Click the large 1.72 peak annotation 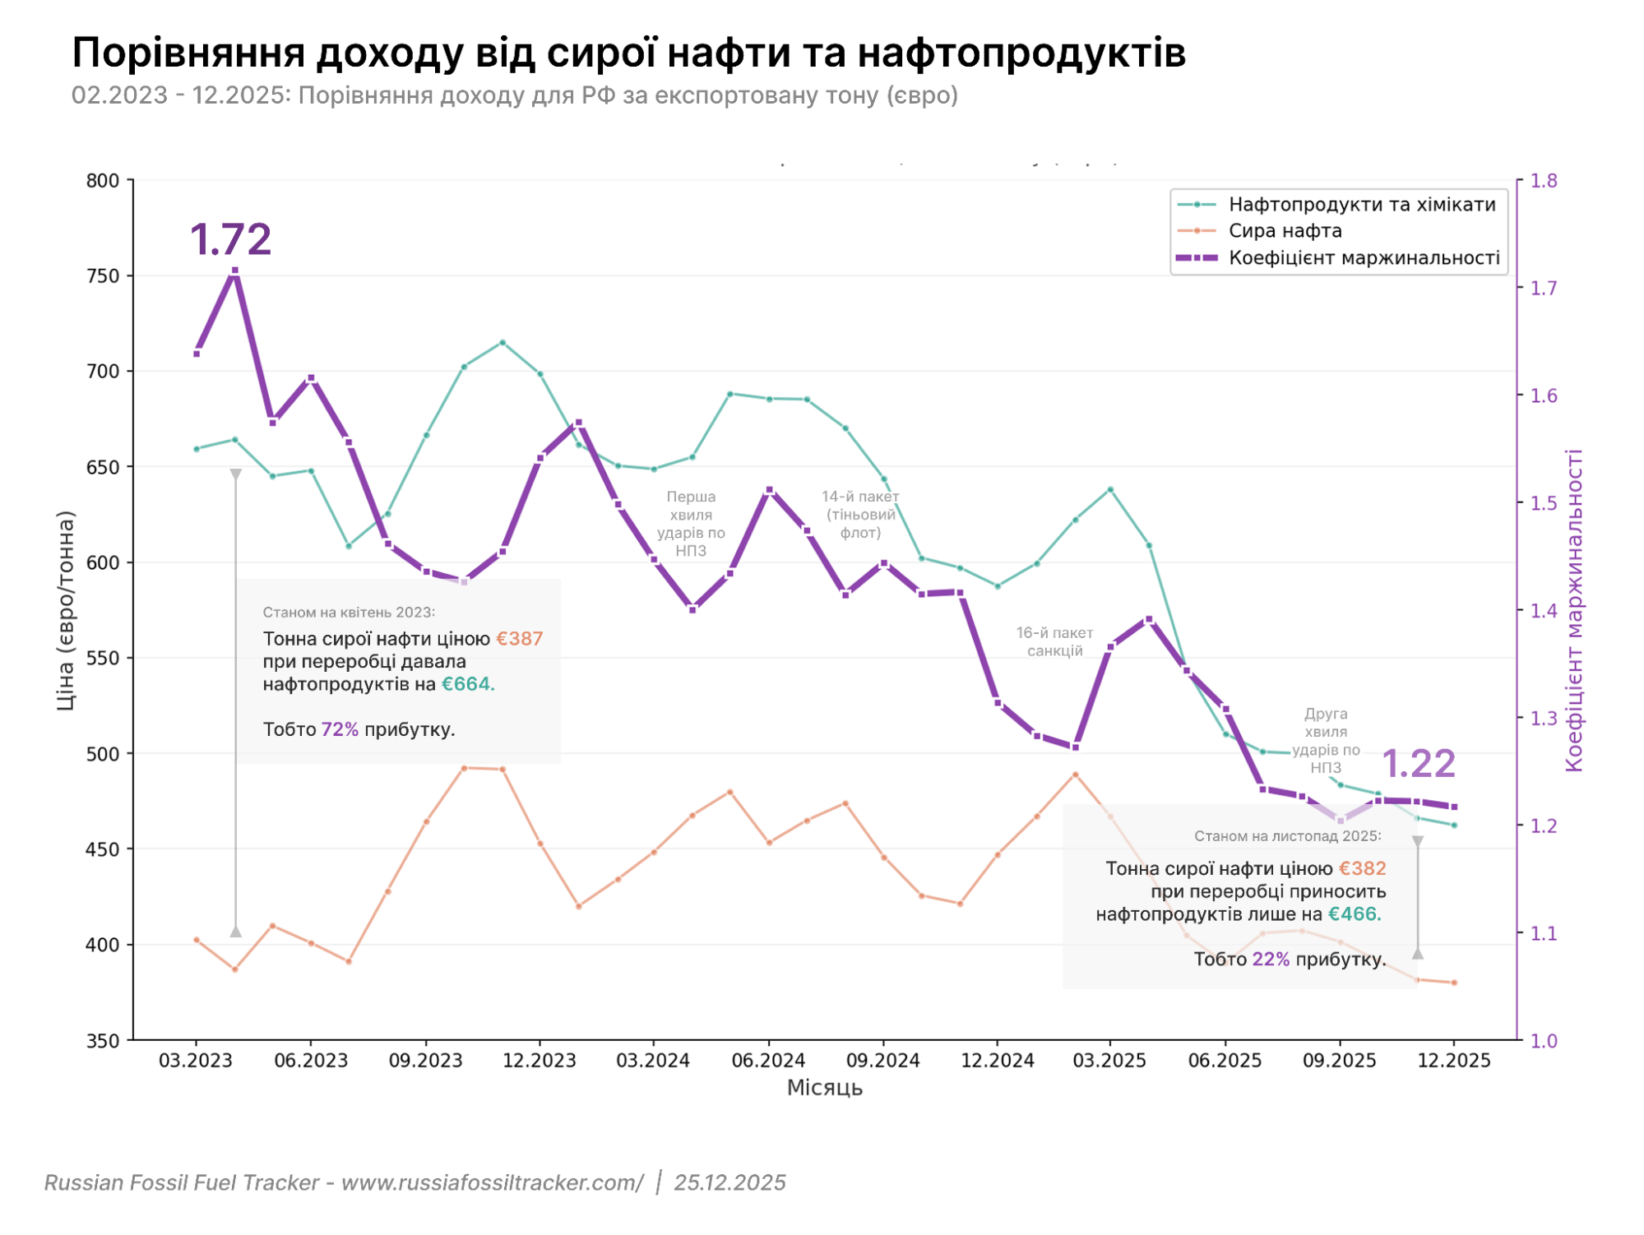(230, 239)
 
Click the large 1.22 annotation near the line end (1419, 764)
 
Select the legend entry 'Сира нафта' (1285, 231)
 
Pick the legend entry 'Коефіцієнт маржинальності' (1364, 258)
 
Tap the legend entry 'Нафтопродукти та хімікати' (1361, 205)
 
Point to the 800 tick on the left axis (103, 181)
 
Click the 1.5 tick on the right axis (1544, 503)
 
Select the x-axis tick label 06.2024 (768, 1061)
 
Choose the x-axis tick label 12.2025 (1453, 1061)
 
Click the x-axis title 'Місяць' (824, 1088)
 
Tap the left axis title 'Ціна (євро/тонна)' (66, 610)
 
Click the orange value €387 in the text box (519, 639)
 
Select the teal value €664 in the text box (467, 684)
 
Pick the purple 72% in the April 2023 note (339, 729)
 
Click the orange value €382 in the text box (1362, 869)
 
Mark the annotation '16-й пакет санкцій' (1054, 642)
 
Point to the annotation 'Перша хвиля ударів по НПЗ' (691, 524)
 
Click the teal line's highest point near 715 (502, 343)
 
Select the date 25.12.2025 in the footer (729, 1182)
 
